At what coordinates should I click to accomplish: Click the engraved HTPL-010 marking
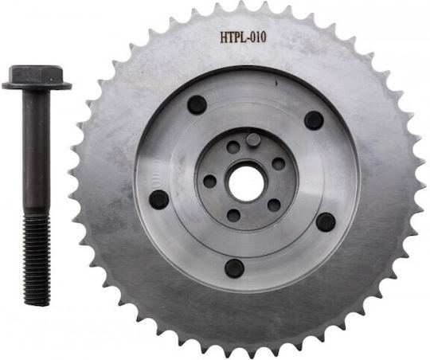click(243, 37)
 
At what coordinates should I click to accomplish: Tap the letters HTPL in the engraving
click(233, 37)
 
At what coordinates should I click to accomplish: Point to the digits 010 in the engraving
click(258, 37)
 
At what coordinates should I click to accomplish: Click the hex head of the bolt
click(36, 73)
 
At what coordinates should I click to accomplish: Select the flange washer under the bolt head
click(37, 85)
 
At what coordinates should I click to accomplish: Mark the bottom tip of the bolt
click(37, 303)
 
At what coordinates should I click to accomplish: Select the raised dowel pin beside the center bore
click(252, 140)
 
